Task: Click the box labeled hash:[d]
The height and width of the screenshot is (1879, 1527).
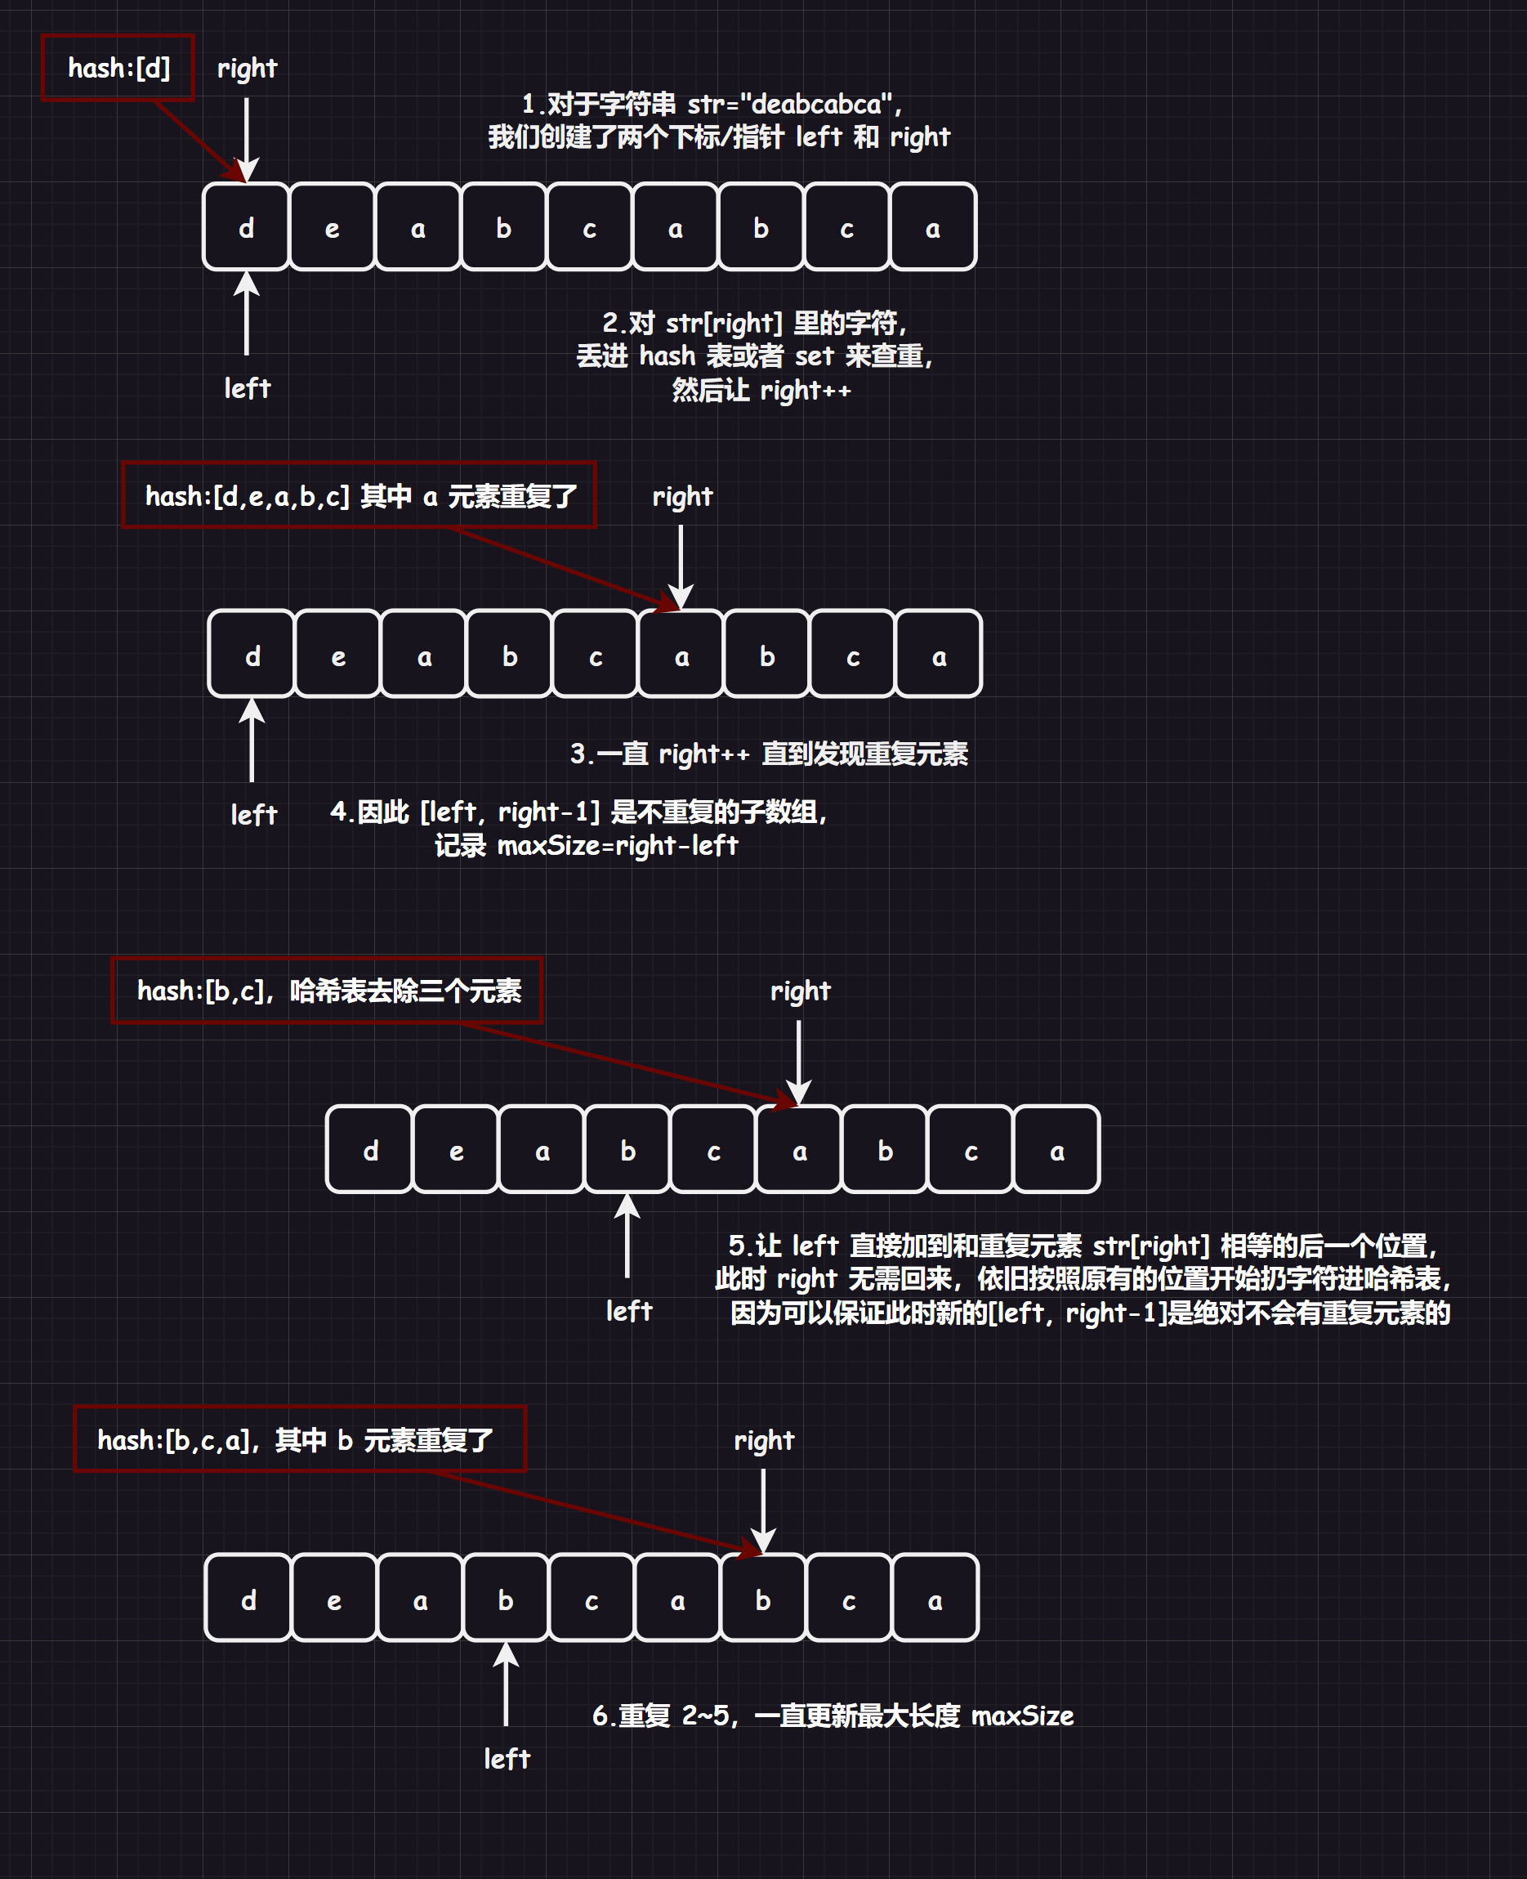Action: pyautogui.click(x=118, y=68)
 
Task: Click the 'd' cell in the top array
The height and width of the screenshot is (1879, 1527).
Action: pyautogui.click(x=246, y=227)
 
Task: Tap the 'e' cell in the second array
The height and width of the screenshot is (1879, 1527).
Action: pyautogui.click(x=337, y=655)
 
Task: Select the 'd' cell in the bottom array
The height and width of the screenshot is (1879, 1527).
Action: pyautogui.click(x=248, y=1599)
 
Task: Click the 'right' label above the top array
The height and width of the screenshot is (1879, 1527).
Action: pyautogui.click(x=246, y=68)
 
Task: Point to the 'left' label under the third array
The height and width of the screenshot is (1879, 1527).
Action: pyautogui.click(x=629, y=1311)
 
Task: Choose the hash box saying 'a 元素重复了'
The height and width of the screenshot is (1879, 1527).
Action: pyautogui.click(x=359, y=495)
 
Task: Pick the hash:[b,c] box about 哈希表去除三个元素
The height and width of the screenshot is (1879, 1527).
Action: pyautogui.click(x=327, y=991)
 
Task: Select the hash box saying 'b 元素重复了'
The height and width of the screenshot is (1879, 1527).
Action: pyautogui.click(x=300, y=1439)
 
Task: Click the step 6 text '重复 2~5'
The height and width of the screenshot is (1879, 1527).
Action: pyautogui.click(x=832, y=1716)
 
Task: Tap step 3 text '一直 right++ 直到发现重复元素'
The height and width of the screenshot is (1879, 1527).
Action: pyautogui.click(x=769, y=754)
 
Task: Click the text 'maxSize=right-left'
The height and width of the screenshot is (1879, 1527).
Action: pyautogui.click(x=618, y=845)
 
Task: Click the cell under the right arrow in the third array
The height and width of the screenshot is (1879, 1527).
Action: pyautogui.click(x=799, y=1150)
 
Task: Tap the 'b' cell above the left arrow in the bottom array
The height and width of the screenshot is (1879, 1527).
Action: pyautogui.click(x=506, y=1599)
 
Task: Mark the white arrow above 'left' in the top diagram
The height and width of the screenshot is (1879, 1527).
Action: pyautogui.click(x=246, y=313)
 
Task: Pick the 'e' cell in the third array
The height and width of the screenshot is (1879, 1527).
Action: pyautogui.click(x=456, y=1150)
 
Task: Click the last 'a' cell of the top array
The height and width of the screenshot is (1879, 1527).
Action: pyautogui.click(x=932, y=227)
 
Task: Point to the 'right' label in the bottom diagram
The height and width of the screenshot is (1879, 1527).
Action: pyautogui.click(x=763, y=1440)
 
